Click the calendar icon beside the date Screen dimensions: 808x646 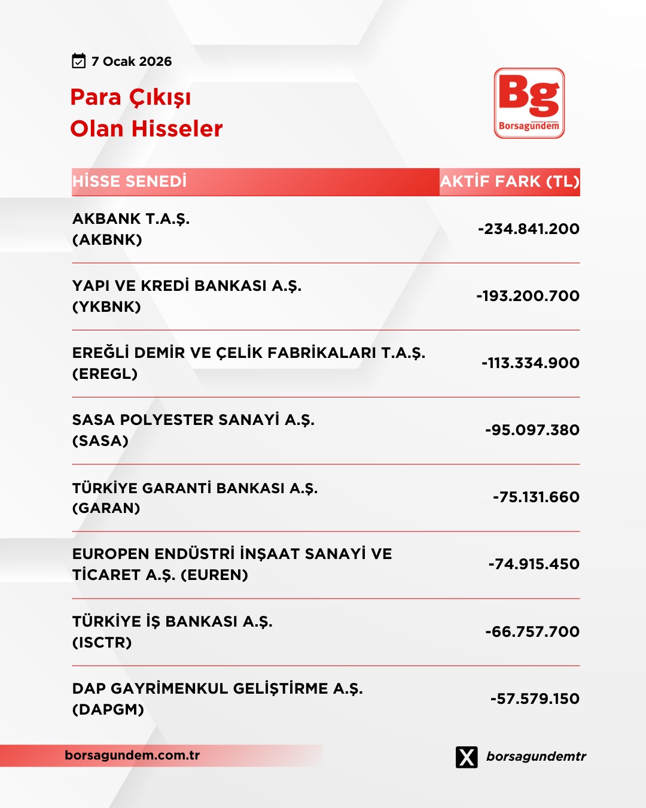pos(79,61)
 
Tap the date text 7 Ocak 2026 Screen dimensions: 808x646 pos(132,62)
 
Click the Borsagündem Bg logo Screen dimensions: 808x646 pos(529,103)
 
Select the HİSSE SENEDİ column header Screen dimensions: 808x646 pos(130,181)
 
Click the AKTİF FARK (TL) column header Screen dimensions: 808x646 pos(510,181)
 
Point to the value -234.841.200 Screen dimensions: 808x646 pos(529,229)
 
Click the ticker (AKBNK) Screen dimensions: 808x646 pos(107,240)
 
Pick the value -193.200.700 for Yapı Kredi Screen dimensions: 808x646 pos(528,296)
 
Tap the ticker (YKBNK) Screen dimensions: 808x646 pos(106,307)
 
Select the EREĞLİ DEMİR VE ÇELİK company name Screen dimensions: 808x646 pos(249,353)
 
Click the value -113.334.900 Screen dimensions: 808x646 pos(531,363)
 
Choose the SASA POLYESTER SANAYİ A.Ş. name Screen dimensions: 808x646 pos(193,420)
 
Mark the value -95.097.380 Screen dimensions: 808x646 pos(532,430)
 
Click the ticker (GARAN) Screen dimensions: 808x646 pos(106,508)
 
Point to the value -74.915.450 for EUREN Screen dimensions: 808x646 pos(534,564)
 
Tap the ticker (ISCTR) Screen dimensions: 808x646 pos(102,643)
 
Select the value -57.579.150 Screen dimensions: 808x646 pos(535,698)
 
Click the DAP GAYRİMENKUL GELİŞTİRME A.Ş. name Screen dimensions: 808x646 pos(217,689)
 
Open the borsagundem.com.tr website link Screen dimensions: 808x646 pos(132,755)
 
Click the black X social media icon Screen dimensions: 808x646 pos(467,757)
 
